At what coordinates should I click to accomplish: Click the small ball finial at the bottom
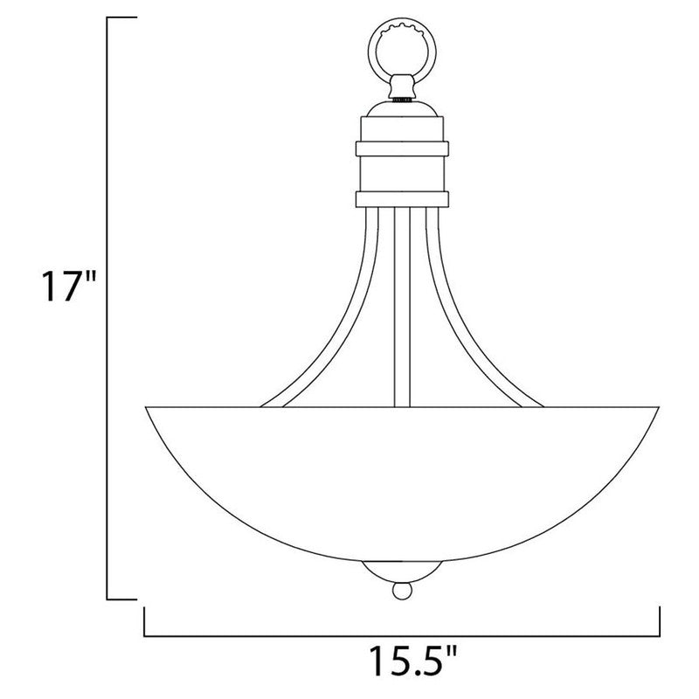pos(401,592)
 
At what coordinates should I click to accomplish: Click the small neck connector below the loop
pos(401,87)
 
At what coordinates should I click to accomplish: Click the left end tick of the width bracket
pos(143,622)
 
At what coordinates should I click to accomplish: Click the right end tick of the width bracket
pos(660,622)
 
